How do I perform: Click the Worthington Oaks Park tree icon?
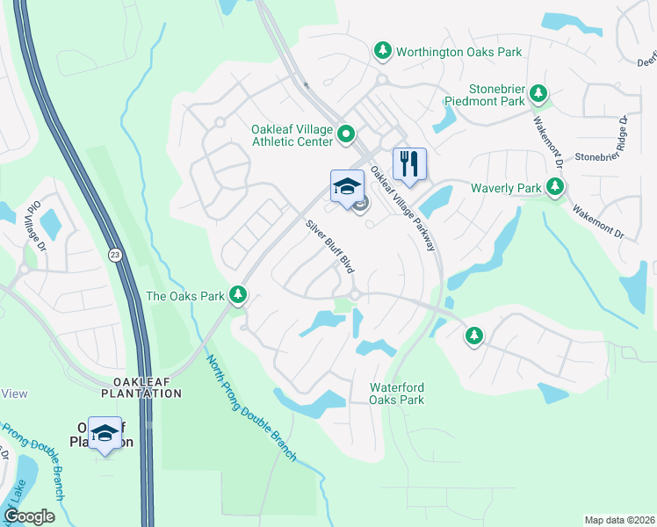click(x=382, y=51)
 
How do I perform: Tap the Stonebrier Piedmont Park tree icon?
click(x=538, y=93)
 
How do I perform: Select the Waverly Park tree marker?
click(x=554, y=187)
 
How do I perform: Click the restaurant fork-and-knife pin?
click(x=409, y=164)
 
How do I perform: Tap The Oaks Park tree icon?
click(x=237, y=296)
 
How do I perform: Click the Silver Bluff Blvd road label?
click(x=335, y=245)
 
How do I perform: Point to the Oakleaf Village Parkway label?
click(x=402, y=208)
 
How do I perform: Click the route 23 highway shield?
click(x=115, y=254)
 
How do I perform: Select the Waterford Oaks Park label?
click(x=397, y=393)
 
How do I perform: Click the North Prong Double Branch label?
click(x=252, y=408)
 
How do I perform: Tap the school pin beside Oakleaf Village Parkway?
click(x=347, y=186)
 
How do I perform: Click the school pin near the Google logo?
click(x=105, y=433)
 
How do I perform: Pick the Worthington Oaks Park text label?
click(x=458, y=52)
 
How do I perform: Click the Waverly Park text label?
click(x=506, y=188)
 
